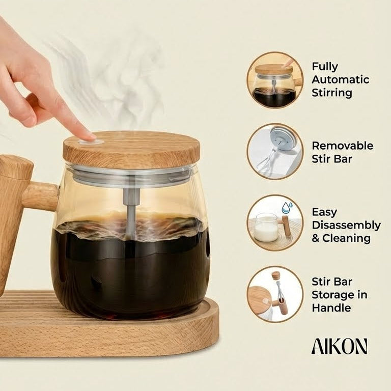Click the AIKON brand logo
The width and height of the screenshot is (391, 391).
click(339, 346)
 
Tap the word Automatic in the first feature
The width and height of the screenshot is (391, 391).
click(340, 79)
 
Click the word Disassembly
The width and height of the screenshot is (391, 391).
click(346, 225)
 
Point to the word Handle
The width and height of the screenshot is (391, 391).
click(331, 308)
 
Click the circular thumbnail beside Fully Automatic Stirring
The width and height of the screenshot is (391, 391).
click(275, 80)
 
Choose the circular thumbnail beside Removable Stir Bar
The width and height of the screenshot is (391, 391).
click(275, 151)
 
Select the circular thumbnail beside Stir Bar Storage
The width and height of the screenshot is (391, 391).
click(275, 294)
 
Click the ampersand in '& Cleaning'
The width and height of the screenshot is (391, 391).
click(317, 238)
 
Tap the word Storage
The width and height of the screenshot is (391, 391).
click(340, 294)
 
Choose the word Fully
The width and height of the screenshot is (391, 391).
click(325, 66)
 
